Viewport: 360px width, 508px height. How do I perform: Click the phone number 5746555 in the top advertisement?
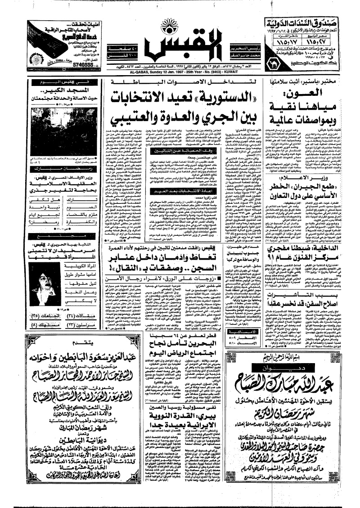coord(46,64)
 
